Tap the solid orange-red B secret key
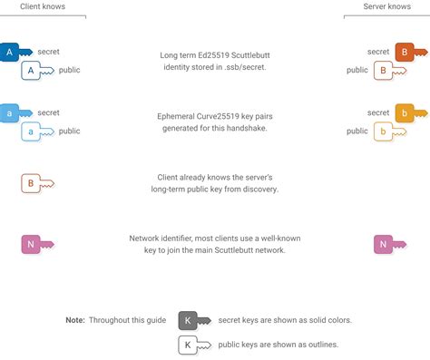(409, 53)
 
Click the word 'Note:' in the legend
(75, 320)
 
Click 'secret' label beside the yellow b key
(378, 113)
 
